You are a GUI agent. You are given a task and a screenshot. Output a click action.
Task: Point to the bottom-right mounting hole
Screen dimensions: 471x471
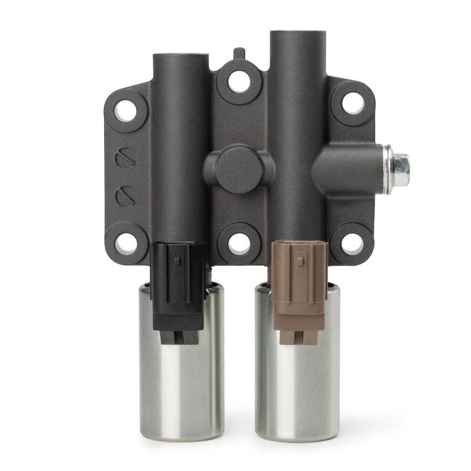pos(352,242)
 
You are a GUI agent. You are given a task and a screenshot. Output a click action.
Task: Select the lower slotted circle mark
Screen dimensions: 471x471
pos(126,196)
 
